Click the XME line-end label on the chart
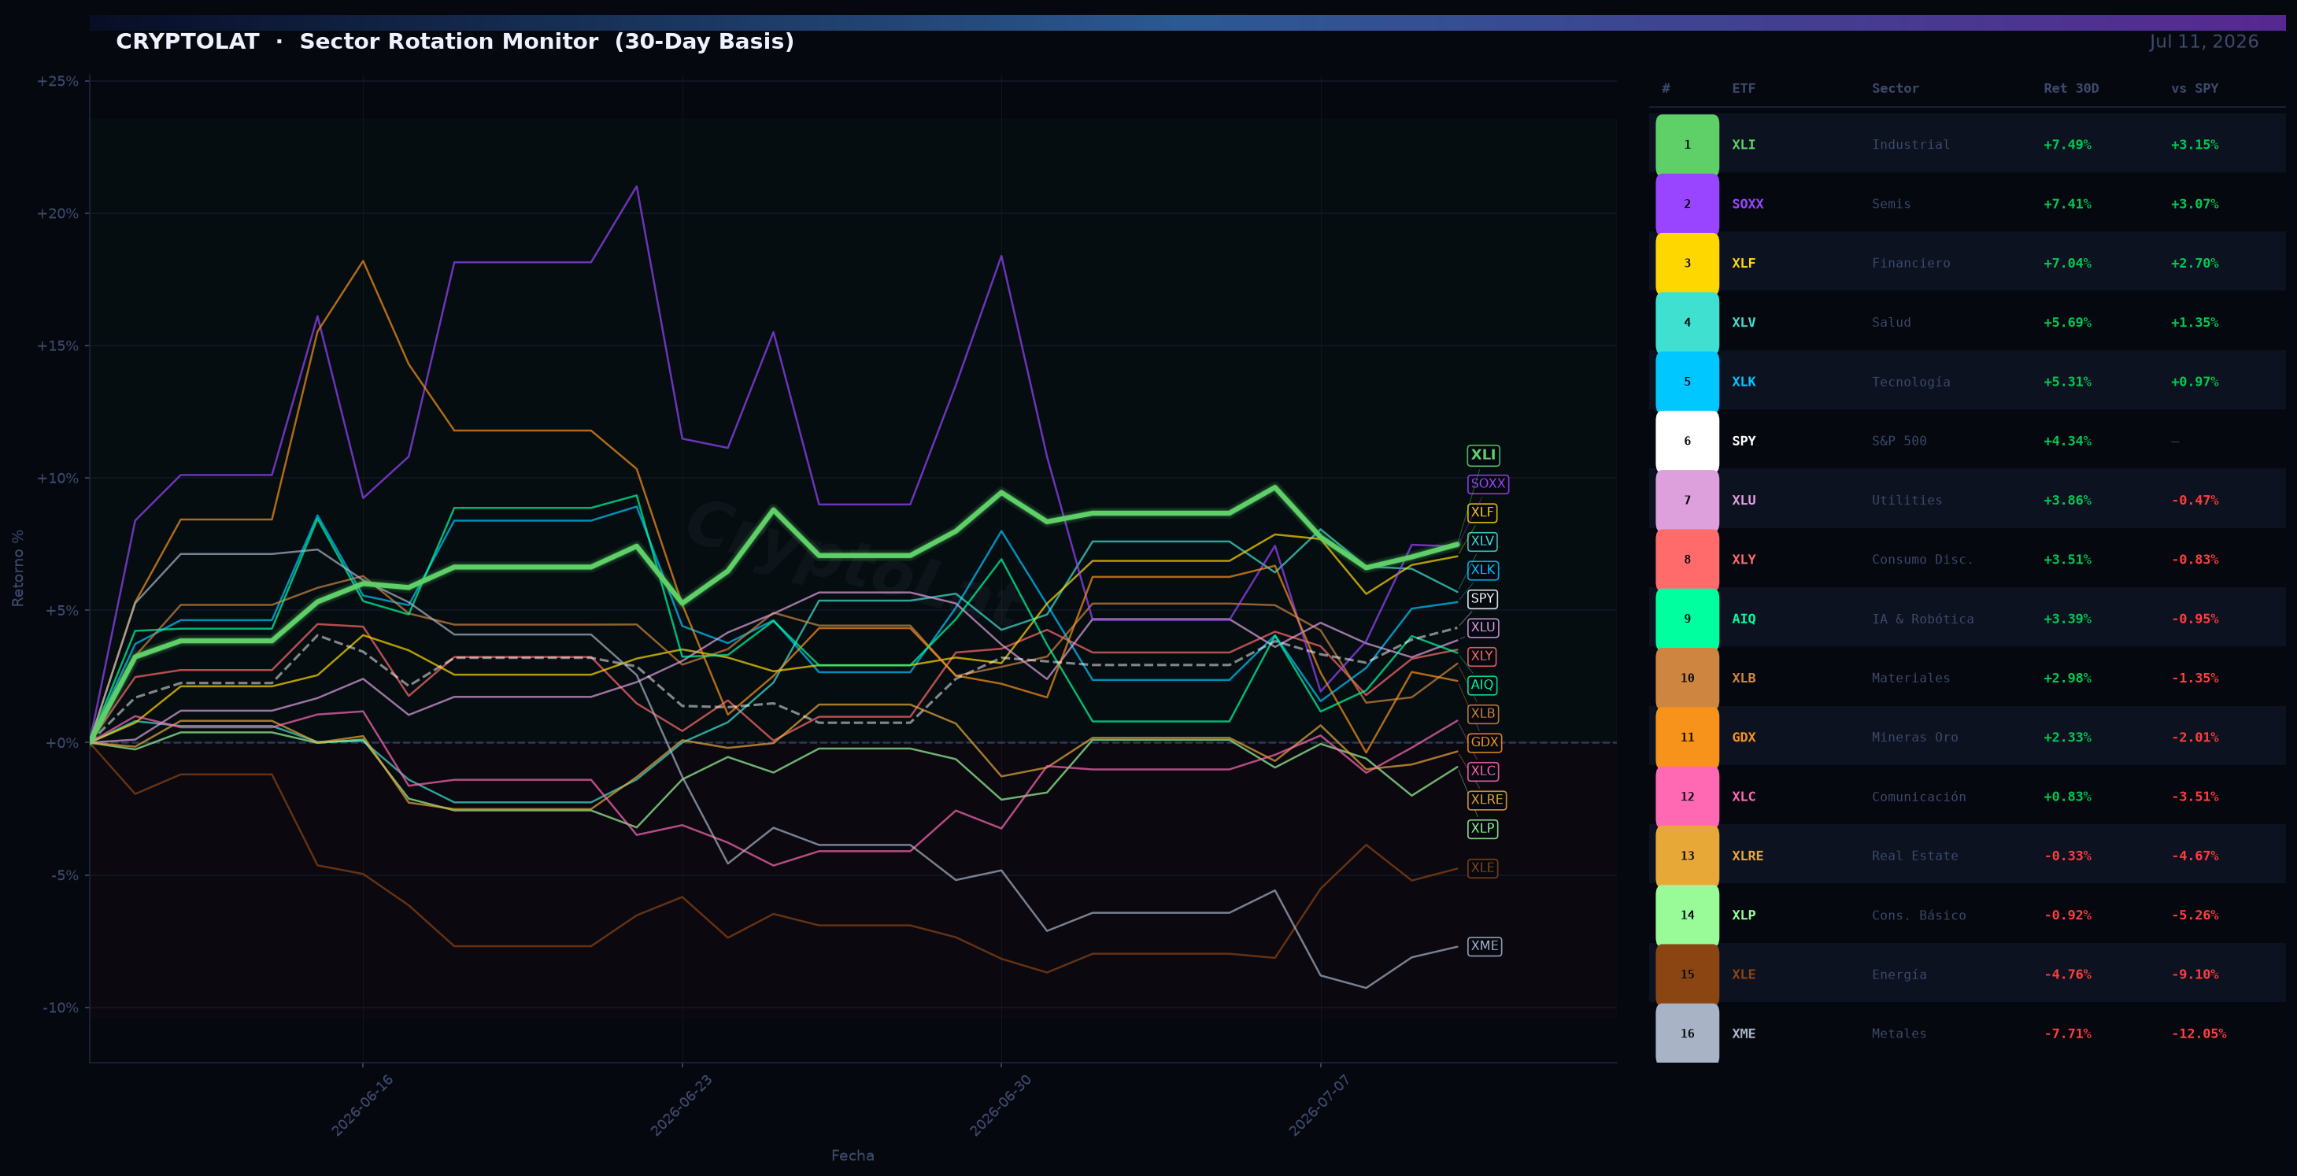click(1484, 946)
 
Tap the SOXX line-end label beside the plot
click(1487, 484)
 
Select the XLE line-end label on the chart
click(1482, 868)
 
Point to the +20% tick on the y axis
click(57, 214)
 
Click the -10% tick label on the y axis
click(61, 1008)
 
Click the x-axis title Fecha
click(853, 1156)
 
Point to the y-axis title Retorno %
click(18, 568)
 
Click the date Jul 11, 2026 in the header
click(2203, 42)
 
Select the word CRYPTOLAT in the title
click(187, 42)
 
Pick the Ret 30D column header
click(2070, 89)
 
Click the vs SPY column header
click(2195, 89)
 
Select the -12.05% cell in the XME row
click(2198, 1034)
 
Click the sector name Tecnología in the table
click(1910, 383)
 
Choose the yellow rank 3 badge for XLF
click(1687, 264)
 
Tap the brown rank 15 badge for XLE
click(1687, 974)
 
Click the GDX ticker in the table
click(1744, 738)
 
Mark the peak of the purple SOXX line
click(636, 187)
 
